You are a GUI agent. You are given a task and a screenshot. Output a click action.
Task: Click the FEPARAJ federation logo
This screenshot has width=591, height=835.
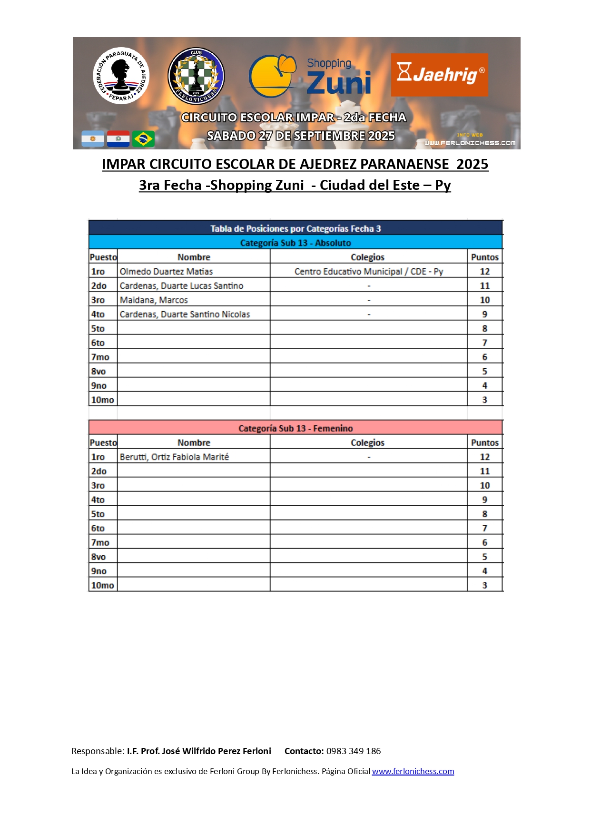(x=121, y=75)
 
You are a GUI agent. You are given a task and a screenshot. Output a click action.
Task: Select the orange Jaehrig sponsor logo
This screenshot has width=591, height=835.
(x=439, y=75)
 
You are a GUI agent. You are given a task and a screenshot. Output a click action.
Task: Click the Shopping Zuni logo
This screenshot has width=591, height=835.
(x=310, y=76)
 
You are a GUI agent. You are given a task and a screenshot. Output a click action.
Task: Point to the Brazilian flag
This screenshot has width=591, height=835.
(x=143, y=139)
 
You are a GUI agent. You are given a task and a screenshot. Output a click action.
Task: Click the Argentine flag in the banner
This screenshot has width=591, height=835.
(x=93, y=139)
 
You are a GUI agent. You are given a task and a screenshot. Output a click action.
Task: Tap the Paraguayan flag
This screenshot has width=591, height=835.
(x=118, y=139)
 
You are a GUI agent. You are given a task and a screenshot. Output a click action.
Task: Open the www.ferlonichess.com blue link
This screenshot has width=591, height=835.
(x=413, y=771)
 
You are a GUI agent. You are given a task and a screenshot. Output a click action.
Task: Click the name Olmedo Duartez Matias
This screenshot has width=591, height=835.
(x=166, y=271)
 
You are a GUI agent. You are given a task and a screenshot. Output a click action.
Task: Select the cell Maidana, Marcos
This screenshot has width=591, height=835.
(x=154, y=300)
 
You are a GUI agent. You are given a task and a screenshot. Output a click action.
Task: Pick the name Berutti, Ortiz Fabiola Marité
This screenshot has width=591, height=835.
(x=174, y=457)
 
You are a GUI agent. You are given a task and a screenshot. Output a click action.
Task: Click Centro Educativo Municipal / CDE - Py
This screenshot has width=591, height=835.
(x=368, y=271)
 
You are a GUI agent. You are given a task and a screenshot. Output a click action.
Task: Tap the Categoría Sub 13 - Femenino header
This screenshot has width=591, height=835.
(x=295, y=428)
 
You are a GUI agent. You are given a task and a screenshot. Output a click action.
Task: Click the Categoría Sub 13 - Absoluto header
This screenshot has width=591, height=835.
(x=295, y=243)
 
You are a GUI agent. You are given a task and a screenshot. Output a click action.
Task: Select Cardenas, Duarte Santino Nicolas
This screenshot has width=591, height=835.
(x=185, y=314)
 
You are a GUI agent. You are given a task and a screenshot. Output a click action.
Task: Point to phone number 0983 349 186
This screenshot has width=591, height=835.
(x=353, y=751)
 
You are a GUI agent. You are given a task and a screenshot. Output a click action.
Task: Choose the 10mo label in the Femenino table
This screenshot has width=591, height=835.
(x=102, y=585)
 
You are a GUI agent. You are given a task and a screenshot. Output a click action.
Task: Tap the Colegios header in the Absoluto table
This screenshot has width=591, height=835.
(x=367, y=257)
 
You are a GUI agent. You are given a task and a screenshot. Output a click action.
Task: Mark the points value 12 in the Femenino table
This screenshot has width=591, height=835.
(x=484, y=457)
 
